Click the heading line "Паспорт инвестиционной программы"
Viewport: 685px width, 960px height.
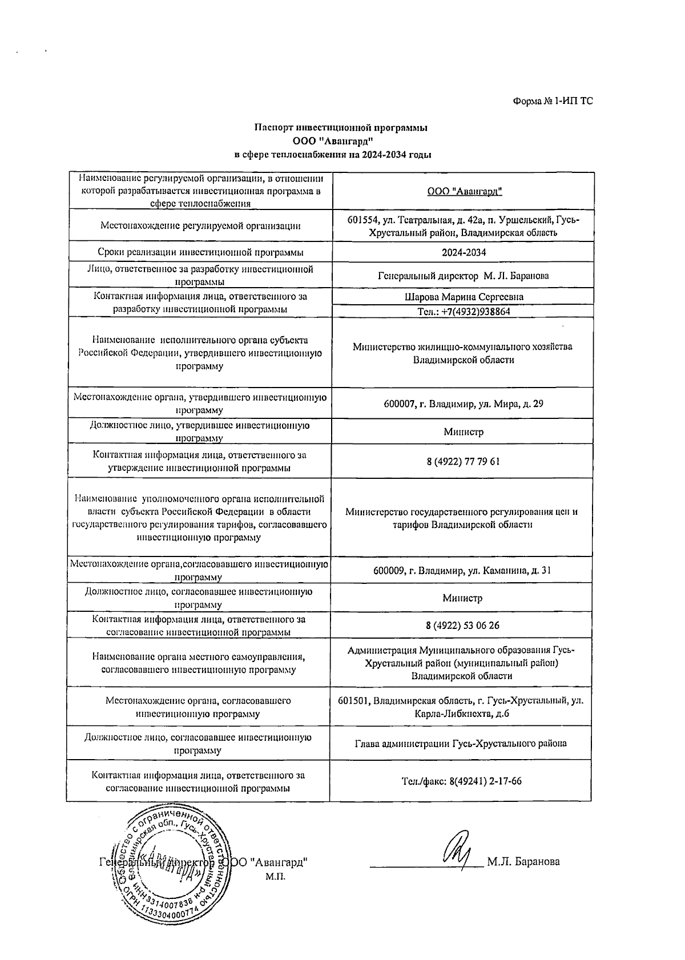341,128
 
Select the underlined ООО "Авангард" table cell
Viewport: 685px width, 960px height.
464,191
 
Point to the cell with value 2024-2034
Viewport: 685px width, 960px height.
464,252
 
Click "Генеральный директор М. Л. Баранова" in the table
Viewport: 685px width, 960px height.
464,276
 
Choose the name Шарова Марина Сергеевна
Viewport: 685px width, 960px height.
464,297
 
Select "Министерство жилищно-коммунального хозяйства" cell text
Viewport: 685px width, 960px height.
462,346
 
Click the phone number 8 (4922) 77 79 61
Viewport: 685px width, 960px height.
463,461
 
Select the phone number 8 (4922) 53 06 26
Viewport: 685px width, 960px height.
462,626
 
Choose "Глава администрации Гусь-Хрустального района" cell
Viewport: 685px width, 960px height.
461,744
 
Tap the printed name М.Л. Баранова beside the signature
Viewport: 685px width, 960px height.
523,862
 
